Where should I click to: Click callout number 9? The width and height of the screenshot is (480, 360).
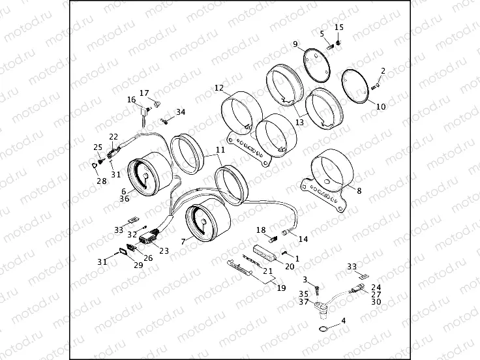coord(295,44)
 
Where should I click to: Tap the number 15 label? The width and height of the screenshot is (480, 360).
coord(339,27)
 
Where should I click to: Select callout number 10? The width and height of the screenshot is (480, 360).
coord(381,106)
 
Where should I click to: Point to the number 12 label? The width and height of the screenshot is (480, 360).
coord(219,88)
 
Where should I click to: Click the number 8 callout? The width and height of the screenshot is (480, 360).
coord(359,190)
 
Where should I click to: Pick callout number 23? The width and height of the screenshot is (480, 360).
coord(164,250)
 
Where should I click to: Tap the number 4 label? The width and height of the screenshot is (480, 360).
coord(344,321)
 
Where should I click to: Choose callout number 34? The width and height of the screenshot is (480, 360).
coord(181,112)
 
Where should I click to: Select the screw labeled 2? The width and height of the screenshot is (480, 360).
coord(376,87)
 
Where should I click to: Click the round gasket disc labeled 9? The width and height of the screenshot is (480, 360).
coord(317,65)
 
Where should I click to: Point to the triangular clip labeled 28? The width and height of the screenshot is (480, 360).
coord(95,165)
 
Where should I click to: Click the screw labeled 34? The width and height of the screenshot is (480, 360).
coord(164,121)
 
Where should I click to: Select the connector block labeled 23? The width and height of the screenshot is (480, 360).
coord(148,238)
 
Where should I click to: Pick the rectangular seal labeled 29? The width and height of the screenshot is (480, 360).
coord(124,251)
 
